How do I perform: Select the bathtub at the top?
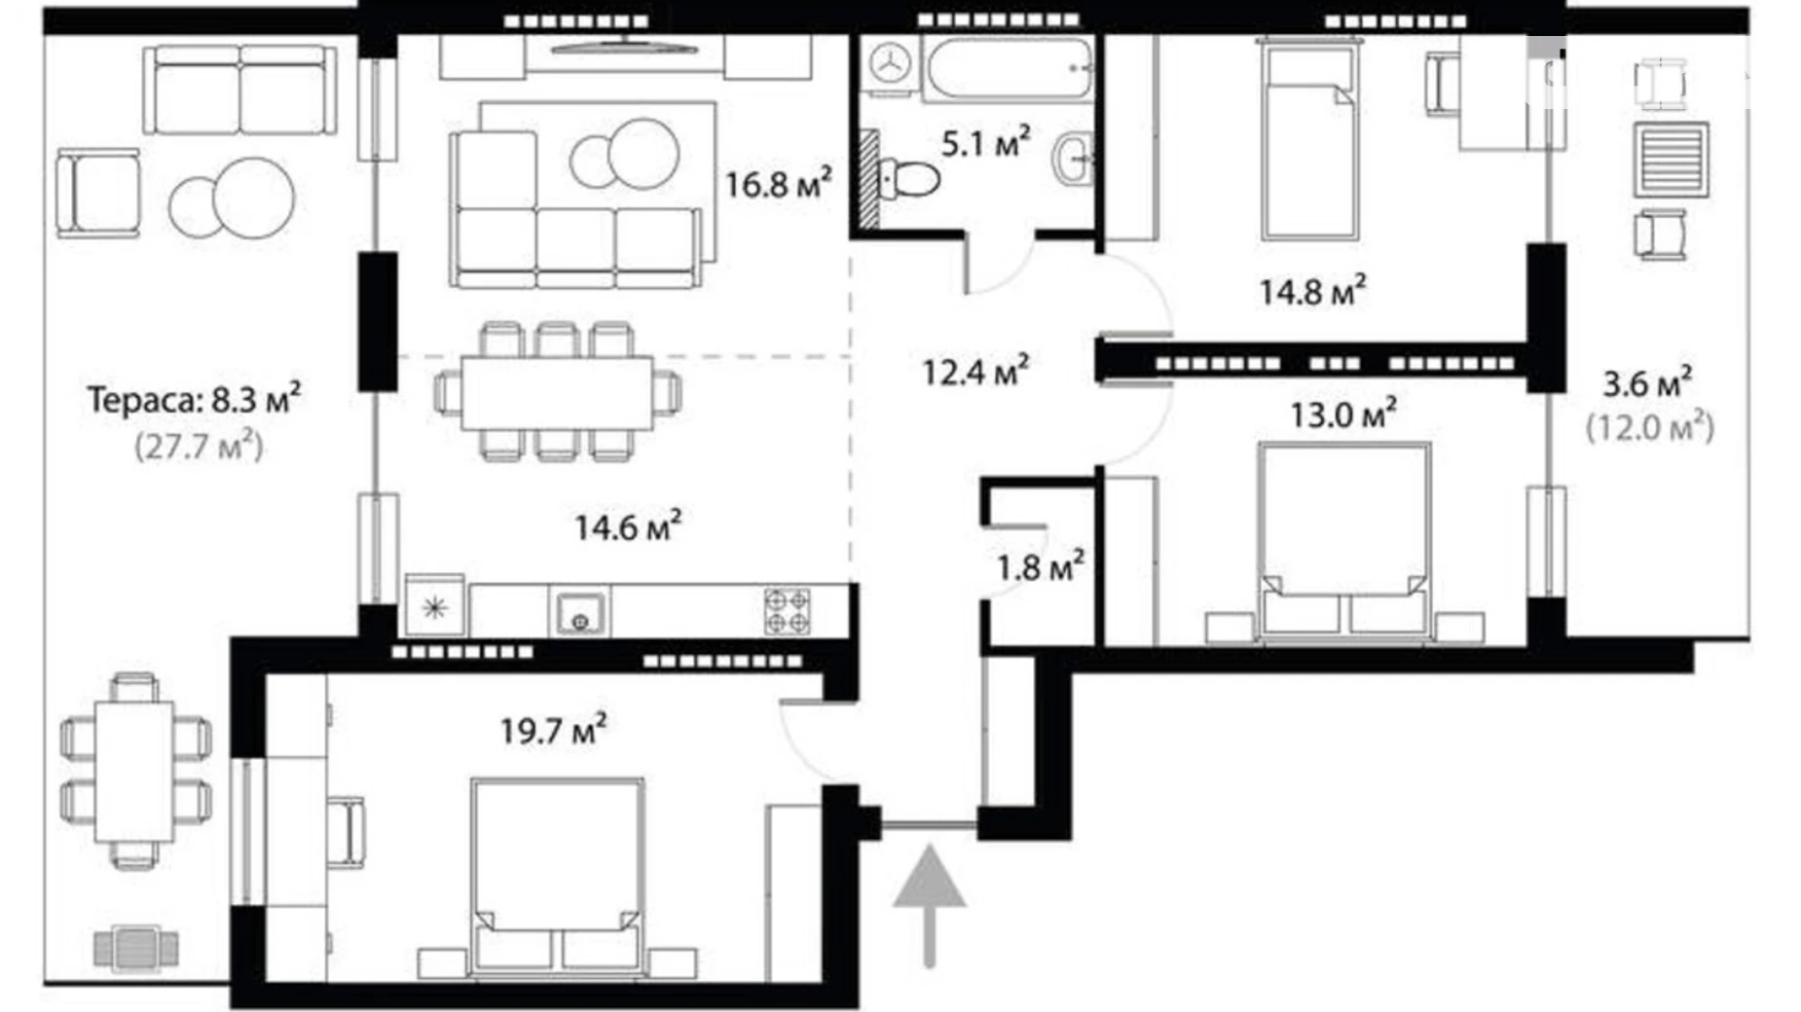pyautogui.click(x=1009, y=68)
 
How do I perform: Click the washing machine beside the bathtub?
pyautogui.click(x=889, y=65)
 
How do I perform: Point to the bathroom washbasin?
pyautogui.click(x=1073, y=159)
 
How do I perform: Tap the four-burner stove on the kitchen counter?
pyautogui.click(x=787, y=611)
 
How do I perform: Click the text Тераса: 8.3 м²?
pyautogui.click(x=194, y=399)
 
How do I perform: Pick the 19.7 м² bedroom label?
pyautogui.click(x=553, y=729)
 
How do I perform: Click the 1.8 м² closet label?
pyautogui.click(x=1040, y=566)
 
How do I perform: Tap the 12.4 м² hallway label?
pyautogui.click(x=974, y=371)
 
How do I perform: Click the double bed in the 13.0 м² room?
pyautogui.click(x=1343, y=540)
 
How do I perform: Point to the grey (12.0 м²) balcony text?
pyautogui.click(x=1649, y=426)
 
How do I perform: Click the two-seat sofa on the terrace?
pyautogui.click(x=239, y=90)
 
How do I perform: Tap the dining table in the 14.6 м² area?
pyautogui.click(x=557, y=393)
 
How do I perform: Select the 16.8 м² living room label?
pyautogui.click(x=777, y=183)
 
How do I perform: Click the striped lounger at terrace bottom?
pyautogui.click(x=136, y=947)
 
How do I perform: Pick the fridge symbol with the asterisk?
pyautogui.click(x=434, y=609)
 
